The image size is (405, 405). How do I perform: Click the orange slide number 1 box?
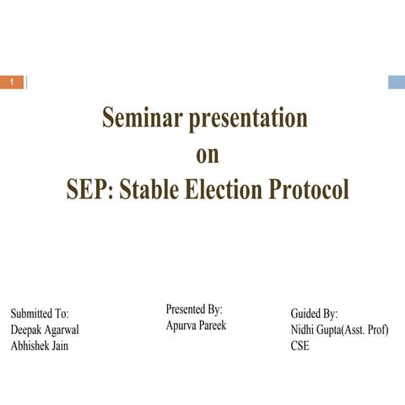[12, 82]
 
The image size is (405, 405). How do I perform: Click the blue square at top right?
[397, 82]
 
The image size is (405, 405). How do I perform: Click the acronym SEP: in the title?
[90, 189]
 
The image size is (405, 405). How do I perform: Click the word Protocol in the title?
[309, 189]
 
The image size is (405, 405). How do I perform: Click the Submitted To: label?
[40, 313]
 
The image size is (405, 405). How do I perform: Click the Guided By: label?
[314, 313]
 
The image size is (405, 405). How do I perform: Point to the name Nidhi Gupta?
[314, 329]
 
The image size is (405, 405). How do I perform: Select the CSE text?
[300, 346]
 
